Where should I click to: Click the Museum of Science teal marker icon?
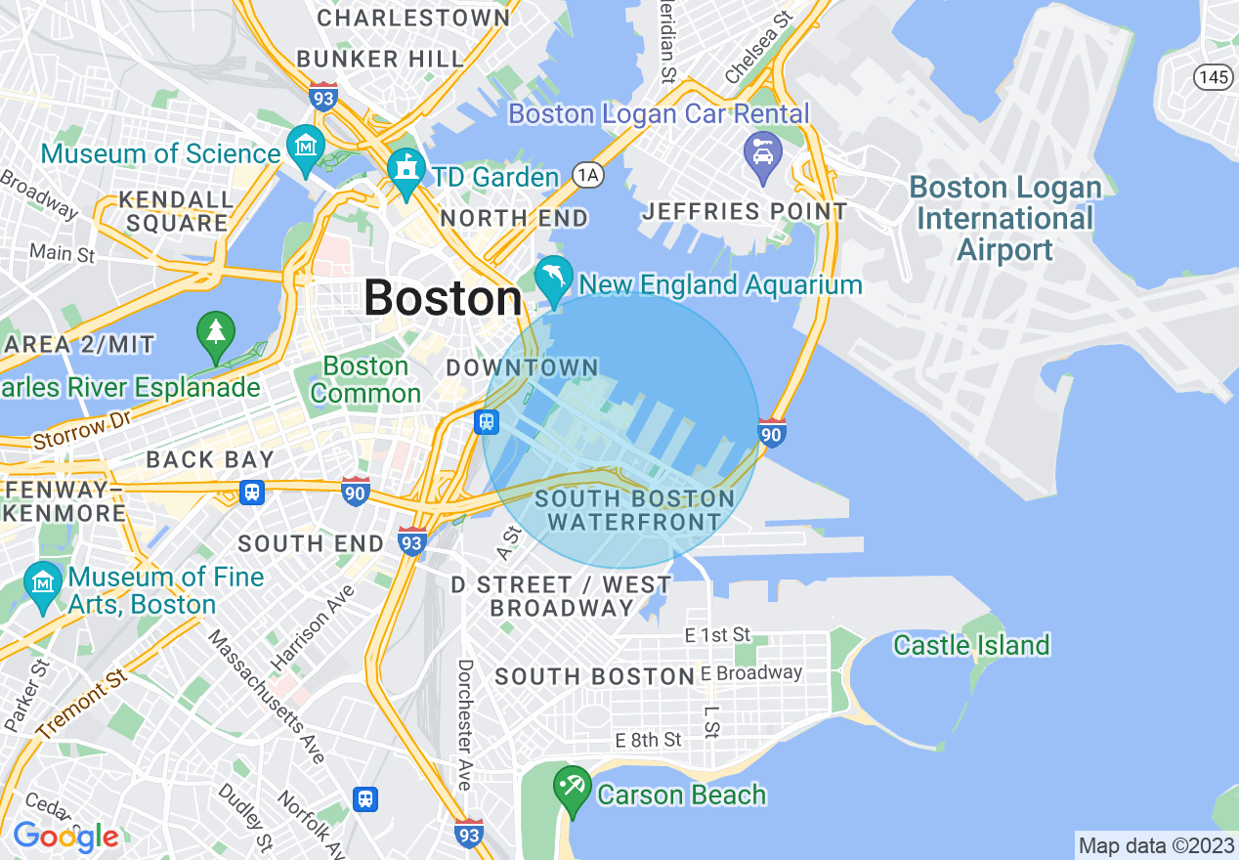point(306,147)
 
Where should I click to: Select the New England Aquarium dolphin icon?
point(553,276)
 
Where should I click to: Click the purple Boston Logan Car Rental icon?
point(762,153)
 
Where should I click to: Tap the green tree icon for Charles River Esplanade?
point(216,331)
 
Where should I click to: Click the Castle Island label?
point(971,645)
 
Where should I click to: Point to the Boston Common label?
point(365,380)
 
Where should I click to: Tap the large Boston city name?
point(443,298)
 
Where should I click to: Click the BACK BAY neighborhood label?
point(210,459)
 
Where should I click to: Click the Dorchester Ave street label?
point(465,724)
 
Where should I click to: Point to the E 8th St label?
point(648,740)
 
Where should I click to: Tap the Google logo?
point(65,837)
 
